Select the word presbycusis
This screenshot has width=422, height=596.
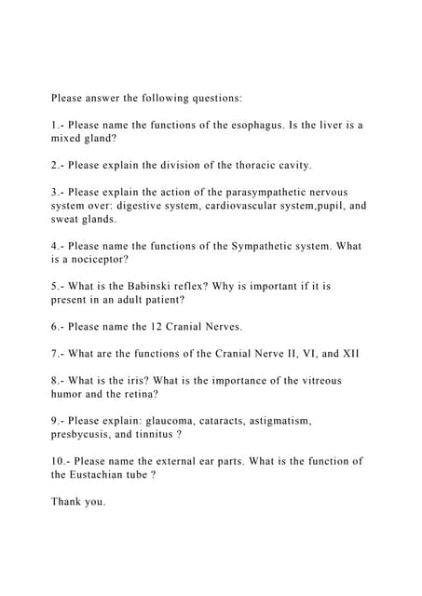click(86, 435)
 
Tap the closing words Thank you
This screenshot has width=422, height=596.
click(78, 502)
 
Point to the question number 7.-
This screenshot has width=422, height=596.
click(59, 354)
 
